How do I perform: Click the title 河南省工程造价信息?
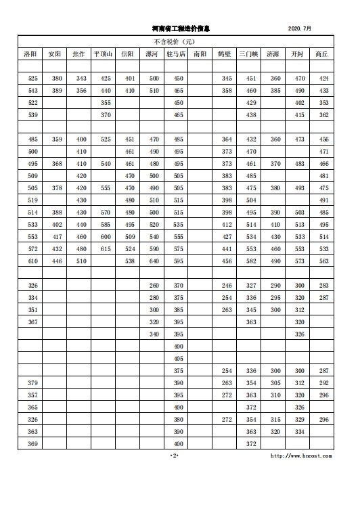(181, 28)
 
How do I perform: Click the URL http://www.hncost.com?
(300, 456)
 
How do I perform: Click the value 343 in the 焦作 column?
(81, 79)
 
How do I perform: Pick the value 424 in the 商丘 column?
(323, 79)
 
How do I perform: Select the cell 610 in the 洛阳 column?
(32, 261)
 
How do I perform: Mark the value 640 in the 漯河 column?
(154, 261)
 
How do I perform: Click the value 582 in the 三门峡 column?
(251, 261)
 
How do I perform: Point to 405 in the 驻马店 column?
(179, 358)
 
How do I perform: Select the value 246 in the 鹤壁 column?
(227, 286)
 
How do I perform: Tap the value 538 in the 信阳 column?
(130, 261)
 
